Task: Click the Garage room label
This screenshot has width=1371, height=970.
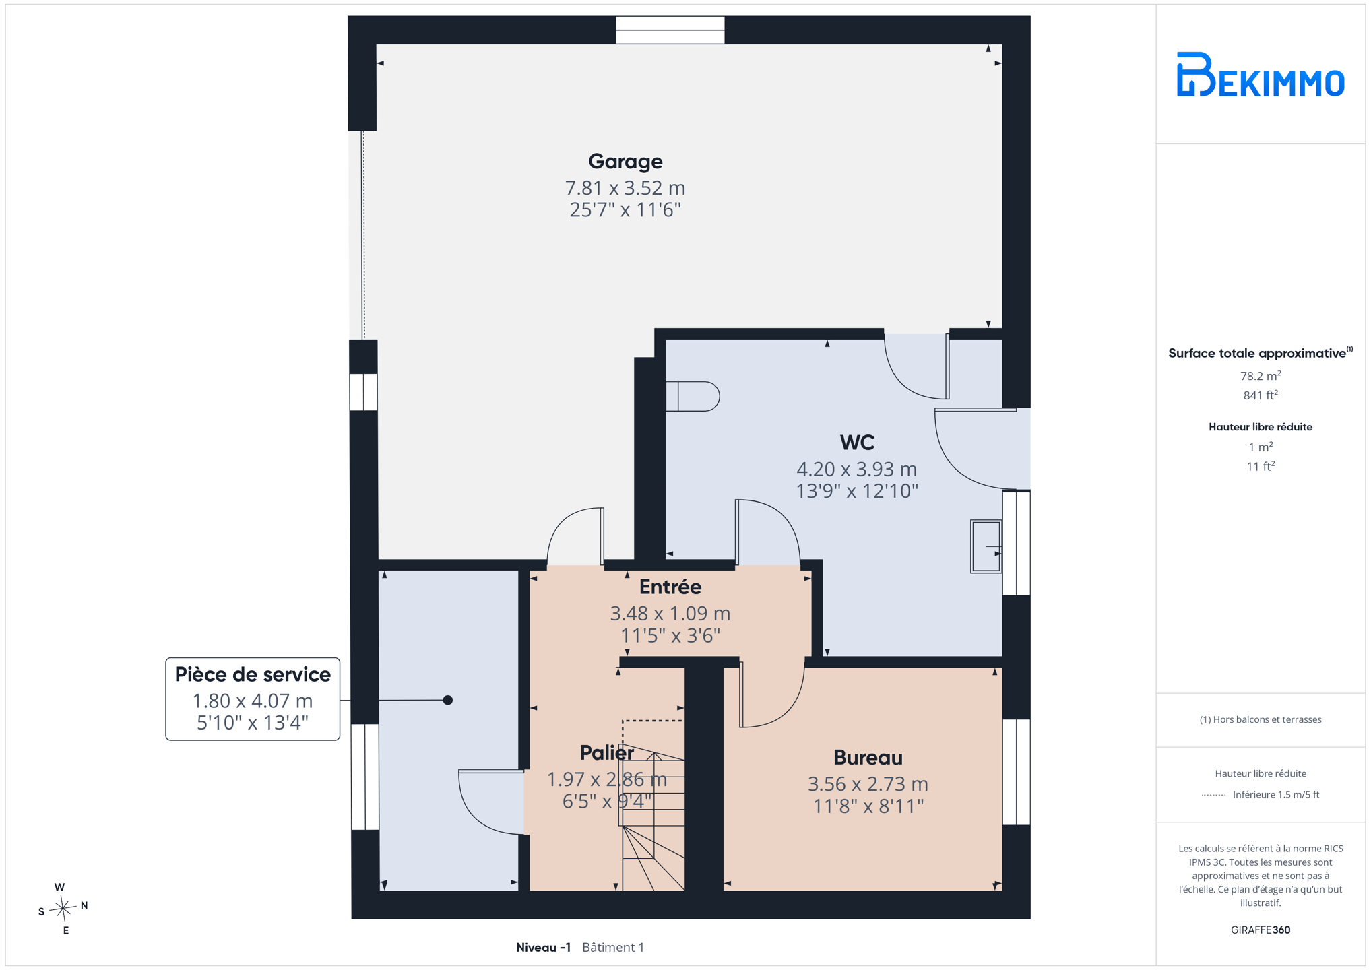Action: [625, 162]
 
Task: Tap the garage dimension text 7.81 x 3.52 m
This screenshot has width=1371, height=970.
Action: [625, 187]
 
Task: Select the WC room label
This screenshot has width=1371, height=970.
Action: [857, 443]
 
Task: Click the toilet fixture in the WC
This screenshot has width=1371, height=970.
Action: [693, 396]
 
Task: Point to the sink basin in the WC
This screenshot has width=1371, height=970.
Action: [986, 546]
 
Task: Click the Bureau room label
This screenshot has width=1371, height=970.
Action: [868, 758]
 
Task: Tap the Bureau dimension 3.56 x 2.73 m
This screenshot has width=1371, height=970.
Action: [868, 784]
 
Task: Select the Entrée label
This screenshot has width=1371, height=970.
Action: [670, 587]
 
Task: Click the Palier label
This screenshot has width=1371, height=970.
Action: [606, 753]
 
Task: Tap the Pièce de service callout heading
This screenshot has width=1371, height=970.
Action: [253, 674]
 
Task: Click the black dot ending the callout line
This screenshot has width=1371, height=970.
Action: [447, 701]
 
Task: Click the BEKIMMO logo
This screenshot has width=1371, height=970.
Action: [1261, 74]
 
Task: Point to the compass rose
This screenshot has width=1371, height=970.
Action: [63, 909]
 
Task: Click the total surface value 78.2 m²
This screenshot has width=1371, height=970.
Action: [1261, 376]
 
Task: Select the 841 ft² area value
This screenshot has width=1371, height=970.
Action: [1261, 395]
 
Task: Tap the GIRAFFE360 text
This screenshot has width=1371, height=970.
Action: [1261, 930]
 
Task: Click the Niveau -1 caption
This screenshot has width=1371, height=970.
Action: [543, 947]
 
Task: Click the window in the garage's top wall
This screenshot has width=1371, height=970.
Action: [670, 30]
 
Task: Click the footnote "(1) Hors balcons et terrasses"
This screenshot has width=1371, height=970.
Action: [1261, 719]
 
